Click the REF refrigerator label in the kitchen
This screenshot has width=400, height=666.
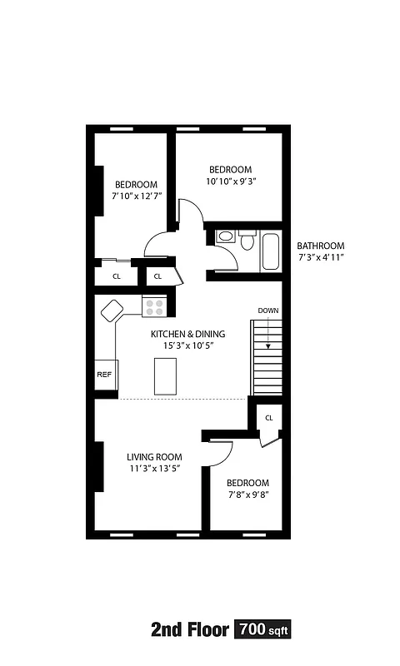[x=104, y=375]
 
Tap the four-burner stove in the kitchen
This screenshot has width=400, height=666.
[x=154, y=306]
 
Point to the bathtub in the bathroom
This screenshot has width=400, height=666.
[x=271, y=252]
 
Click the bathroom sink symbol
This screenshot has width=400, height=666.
[x=225, y=237]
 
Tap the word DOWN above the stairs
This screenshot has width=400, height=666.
[x=267, y=311]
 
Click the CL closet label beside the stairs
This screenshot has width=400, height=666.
[x=269, y=418]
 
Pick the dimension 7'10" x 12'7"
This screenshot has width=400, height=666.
[x=136, y=196]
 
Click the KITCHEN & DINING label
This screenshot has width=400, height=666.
[x=187, y=334]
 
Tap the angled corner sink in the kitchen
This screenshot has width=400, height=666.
[x=112, y=311]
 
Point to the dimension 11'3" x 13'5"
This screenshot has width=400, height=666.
[x=154, y=469]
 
